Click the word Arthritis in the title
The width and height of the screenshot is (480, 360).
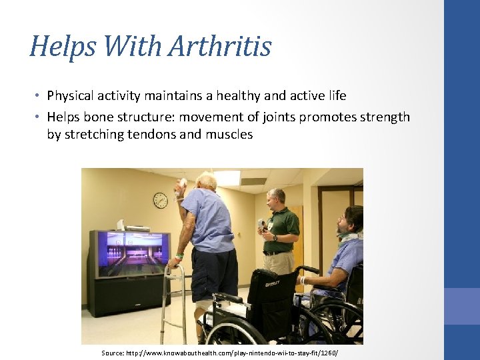[x=219, y=47]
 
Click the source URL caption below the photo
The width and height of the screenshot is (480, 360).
[x=220, y=352]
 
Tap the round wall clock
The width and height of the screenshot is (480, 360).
[x=160, y=200]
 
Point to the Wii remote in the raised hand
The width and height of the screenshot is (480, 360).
[x=183, y=185]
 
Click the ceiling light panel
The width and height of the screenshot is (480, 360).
[x=227, y=177]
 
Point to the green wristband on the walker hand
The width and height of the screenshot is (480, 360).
[x=179, y=255]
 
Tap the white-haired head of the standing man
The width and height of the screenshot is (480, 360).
[x=207, y=181]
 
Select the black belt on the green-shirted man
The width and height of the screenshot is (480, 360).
[x=275, y=253]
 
